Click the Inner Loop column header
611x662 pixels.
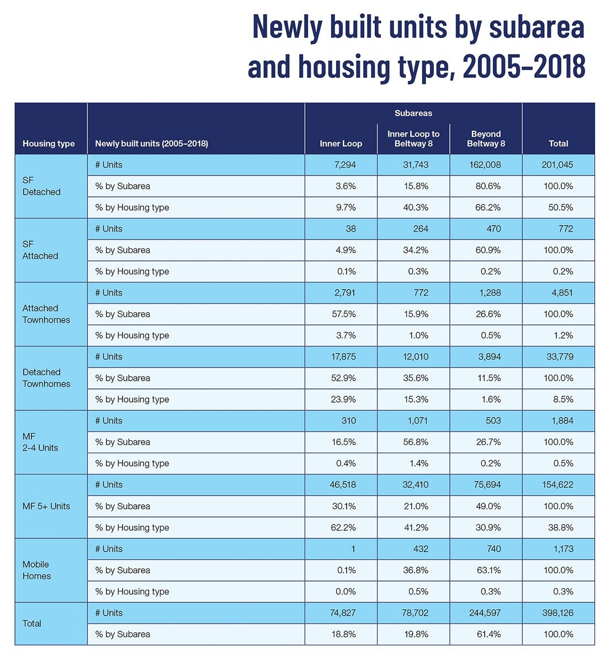[x=341, y=143]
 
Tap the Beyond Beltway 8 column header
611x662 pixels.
[x=486, y=138]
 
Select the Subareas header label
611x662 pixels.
[x=413, y=113]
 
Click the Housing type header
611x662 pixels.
[x=49, y=143]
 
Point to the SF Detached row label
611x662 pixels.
[x=41, y=186]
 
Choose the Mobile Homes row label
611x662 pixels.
[x=36, y=570]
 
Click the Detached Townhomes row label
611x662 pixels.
[x=46, y=378]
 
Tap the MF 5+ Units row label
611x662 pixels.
[x=46, y=506]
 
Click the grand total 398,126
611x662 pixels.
[x=557, y=613]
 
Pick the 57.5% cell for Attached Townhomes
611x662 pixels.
[x=343, y=314]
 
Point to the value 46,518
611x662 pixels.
[x=343, y=485]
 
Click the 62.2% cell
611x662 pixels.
[x=343, y=527]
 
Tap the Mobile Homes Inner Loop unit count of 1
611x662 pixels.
[x=353, y=549]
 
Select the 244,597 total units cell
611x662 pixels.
[x=485, y=613]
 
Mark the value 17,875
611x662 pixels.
[x=343, y=357]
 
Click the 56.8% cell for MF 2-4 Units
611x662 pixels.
[x=416, y=442]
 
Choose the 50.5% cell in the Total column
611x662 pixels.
[x=561, y=207]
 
